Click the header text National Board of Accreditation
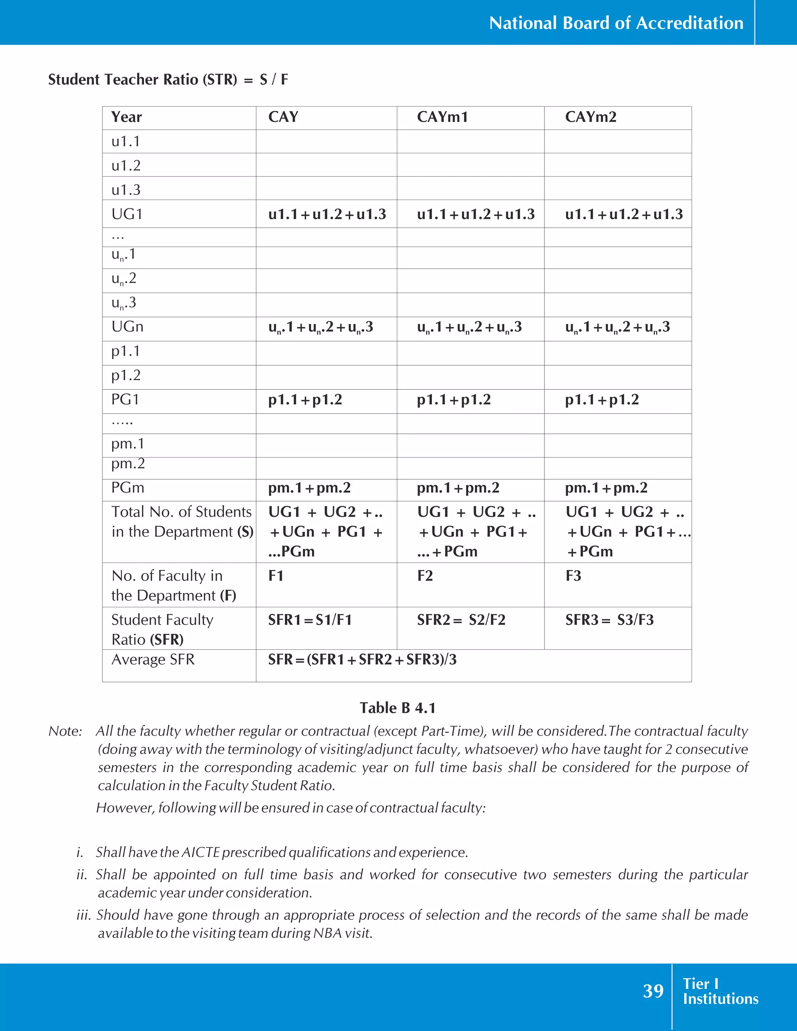(x=616, y=23)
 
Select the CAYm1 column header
(x=442, y=117)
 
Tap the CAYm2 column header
(x=591, y=117)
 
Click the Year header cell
(x=126, y=117)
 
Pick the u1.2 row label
(x=126, y=166)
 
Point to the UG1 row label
(x=127, y=214)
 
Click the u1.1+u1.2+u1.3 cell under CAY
(x=327, y=214)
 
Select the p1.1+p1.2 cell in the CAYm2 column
(x=602, y=400)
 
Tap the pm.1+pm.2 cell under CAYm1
(x=458, y=487)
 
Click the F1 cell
(x=276, y=576)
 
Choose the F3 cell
(x=574, y=576)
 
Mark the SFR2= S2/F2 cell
(x=461, y=620)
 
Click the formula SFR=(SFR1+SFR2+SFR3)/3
(x=363, y=659)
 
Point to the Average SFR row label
(x=153, y=659)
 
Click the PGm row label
(x=128, y=487)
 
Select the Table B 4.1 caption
(x=398, y=708)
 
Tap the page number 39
(x=653, y=991)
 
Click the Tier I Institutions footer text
(x=720, y=991)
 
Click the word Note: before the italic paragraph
(x=65, y=731)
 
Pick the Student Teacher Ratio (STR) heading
(x=142, y=79)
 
